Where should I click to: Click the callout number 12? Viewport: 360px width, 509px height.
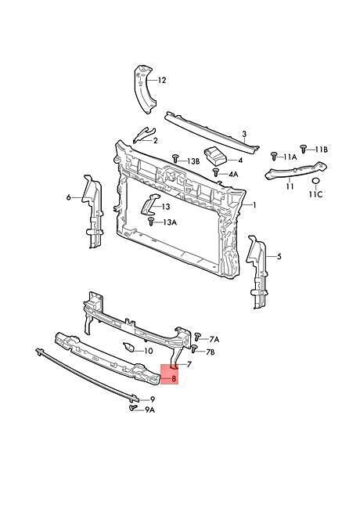point(162,80)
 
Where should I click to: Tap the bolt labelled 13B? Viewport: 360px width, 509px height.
point(175,158)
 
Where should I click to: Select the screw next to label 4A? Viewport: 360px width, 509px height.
point(216,172)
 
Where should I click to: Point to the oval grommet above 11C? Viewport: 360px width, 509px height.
point(316,182)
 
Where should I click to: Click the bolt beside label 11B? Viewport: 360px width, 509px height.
point(304,148)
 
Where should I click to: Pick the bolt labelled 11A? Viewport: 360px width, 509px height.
point(274,156)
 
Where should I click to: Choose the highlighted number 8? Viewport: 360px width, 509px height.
point(174,378)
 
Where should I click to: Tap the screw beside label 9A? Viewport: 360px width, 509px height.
point(132,407)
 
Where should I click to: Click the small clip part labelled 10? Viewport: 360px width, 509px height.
point(128,347)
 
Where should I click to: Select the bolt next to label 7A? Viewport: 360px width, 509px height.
point(197,337)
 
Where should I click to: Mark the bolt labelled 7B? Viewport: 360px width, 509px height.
point(194,349)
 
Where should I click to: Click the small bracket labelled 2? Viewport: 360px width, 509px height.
point(144,135)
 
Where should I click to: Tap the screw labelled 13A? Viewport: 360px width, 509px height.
point(151,222)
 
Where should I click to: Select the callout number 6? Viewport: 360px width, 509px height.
point(68,197)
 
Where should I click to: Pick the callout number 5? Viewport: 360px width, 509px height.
point(279,257)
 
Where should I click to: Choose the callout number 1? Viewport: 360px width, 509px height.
point(254,205)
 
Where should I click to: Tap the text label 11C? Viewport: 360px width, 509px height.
point(315,194)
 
